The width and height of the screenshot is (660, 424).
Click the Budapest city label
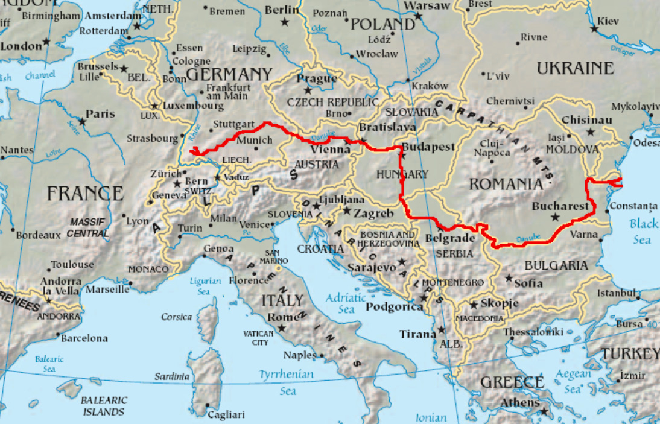428,147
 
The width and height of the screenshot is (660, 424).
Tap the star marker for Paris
82,122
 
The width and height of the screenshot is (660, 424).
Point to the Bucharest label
559,206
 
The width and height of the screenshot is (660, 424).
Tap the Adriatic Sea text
346,303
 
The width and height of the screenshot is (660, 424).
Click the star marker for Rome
281,327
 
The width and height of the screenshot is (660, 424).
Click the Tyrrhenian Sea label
287,382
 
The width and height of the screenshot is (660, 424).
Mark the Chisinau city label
586,120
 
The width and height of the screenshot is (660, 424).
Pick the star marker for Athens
544,411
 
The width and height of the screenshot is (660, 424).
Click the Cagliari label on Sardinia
226,414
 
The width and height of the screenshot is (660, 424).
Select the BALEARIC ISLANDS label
104,406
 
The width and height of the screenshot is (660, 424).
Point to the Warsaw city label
427,5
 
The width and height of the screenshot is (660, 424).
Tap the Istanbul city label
617,293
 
